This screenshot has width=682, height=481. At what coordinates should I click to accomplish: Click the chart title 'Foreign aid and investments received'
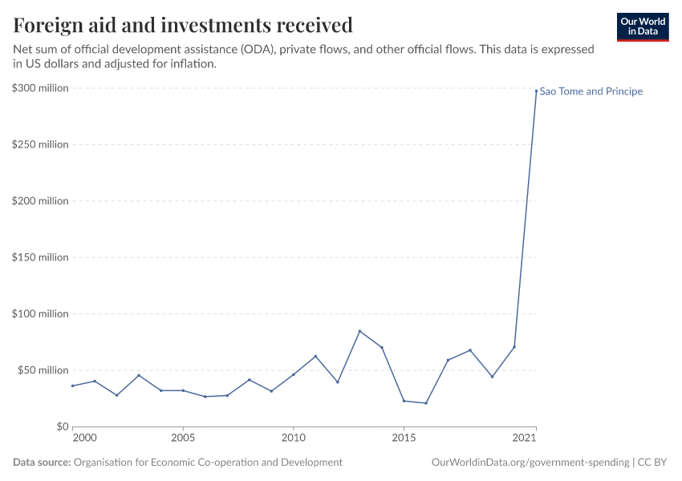pyautogui.click(x=183, y=25)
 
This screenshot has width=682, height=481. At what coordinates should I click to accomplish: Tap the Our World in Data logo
pyautogui.click(x=642, y=26)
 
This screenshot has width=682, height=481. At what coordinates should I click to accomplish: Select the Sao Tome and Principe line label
pyautogui.click(x=591, y=91)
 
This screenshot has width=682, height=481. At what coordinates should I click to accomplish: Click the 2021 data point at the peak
pyautogui.click(x=536, y=91)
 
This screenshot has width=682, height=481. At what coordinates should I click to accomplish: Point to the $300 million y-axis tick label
pyautogui.click(x=40, y=88)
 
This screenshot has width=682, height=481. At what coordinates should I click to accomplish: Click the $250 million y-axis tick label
pyautogui.click(x=40, y=144)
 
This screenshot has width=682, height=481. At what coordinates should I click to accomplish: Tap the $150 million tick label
pyautogui.click(x=40, y=257)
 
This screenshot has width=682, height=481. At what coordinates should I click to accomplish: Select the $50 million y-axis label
pyautogui.click(x=43, y=370)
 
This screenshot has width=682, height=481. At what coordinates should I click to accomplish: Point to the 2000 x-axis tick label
pyautogui.click(x=84, y=439)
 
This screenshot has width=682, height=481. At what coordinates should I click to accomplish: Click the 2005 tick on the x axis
pyautogui.click(x=183, y=439)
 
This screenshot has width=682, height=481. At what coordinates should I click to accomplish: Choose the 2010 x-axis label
pyautogui.click(x=293, y=439)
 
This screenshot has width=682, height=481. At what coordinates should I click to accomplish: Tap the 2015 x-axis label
pyautogui.click(x=404, y=439)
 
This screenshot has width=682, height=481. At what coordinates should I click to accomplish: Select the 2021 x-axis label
pyautogui.click(x=523, y=439)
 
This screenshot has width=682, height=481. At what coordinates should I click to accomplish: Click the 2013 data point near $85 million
pyautogui.click(x=359, y=331)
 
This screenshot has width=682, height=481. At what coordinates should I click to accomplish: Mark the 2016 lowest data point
pyautogui.click(x=426, y=403)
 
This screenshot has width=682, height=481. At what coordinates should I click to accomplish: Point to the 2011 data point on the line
pyautogui.click(x=315, y=356)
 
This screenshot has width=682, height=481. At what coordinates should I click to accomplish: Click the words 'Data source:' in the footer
pyautogui.click(x=42, y=463)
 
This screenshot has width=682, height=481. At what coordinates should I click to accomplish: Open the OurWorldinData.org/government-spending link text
pyautogui.click(x=530, y=463)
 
